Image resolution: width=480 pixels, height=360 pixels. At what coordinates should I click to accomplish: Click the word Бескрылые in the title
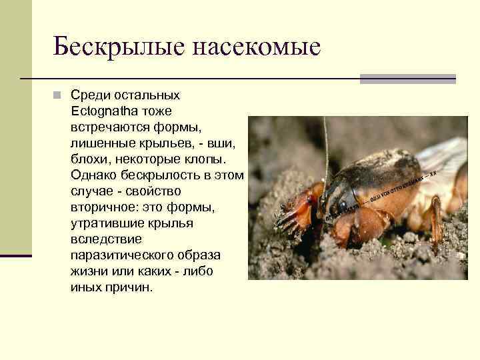pos(118,47)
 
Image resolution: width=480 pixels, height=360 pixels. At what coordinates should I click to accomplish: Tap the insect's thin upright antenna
pos(325,147)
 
